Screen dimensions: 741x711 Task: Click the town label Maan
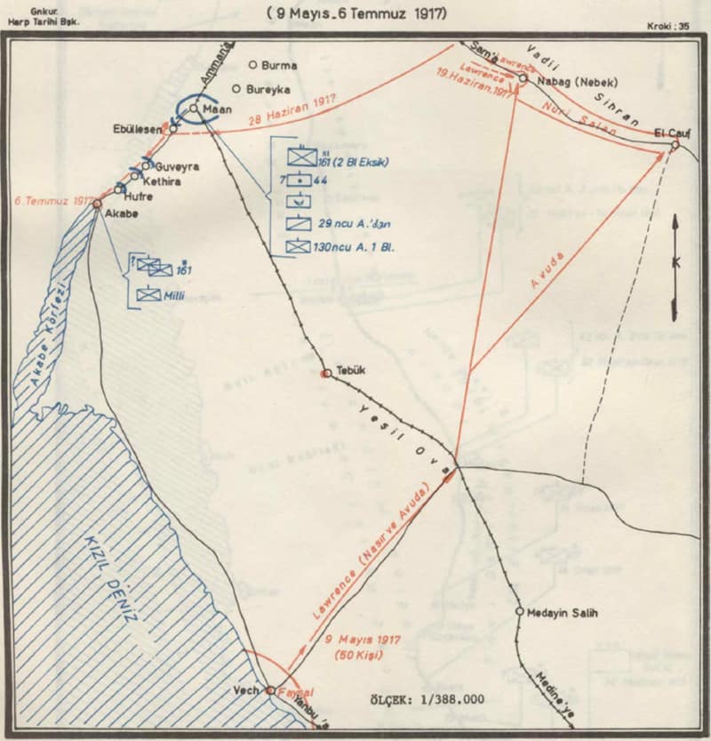point(218,109)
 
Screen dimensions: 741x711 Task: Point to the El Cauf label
point(674,132)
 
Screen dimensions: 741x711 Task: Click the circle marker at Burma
point(252,65)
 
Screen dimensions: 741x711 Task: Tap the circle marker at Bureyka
point(236,89)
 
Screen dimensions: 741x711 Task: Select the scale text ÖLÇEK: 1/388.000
point(427,699)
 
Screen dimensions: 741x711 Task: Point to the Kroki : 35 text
point(669,27)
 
